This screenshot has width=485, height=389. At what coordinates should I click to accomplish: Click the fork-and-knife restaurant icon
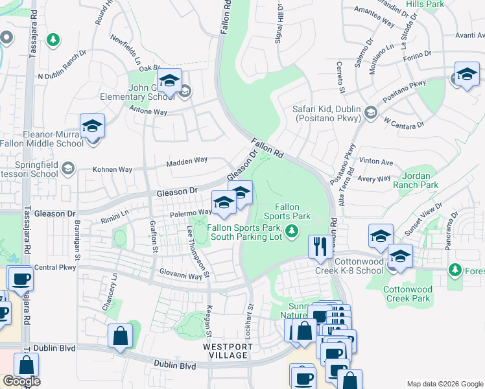pyautogui.click(x=318, y=246)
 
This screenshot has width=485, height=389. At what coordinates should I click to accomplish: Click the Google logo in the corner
pyautogui.click(x=21, y=381)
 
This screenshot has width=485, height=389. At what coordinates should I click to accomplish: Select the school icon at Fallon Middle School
pyautogui.click(x=92, y=126)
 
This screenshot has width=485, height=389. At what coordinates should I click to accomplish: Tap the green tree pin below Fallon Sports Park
pyautogui.click(x=292, y=230)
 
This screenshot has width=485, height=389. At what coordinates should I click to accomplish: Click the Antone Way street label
pyautogui.click(x=148, y=112)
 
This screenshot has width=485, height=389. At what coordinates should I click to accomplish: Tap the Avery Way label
pyautogui.click(x=375, y=178)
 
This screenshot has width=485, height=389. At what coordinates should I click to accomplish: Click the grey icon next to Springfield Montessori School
pyautogui.click(x=67, y=170)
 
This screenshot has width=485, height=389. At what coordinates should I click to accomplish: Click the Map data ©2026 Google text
pyautogui.click(x=444, y=384)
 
